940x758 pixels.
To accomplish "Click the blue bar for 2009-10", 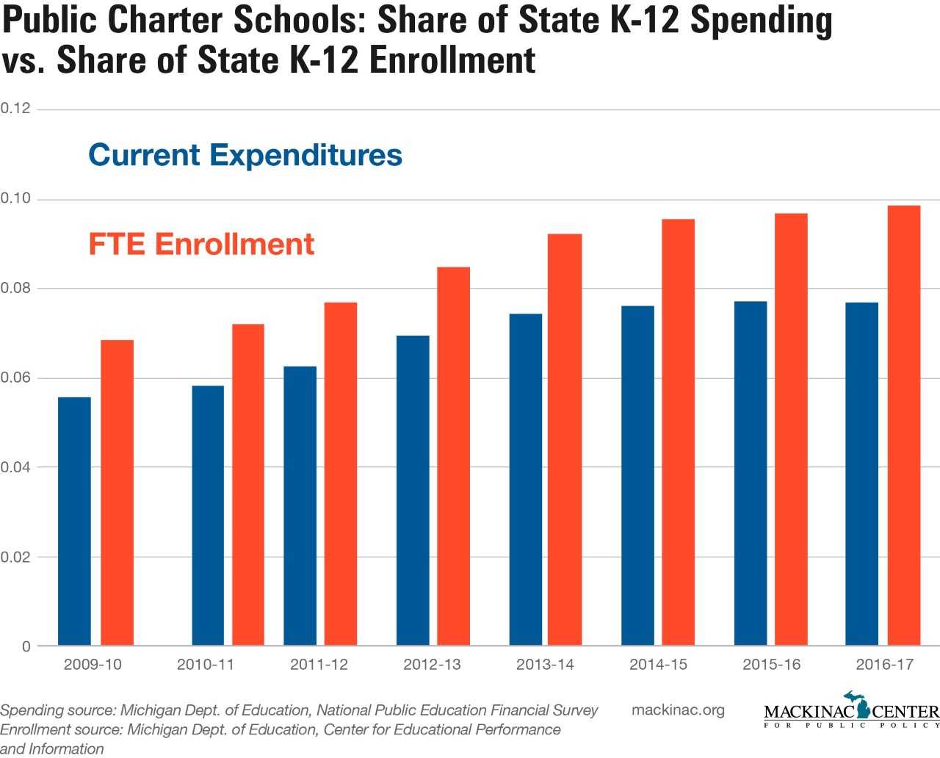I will (74, 521).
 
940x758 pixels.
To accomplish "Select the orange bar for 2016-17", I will (904, 426).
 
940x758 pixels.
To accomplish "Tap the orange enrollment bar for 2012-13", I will (453, 456).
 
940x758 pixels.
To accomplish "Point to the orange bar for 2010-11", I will (248, 485).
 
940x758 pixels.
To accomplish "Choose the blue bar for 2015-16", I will (751, 474).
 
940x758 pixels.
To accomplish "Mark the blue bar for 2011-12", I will (300, 506).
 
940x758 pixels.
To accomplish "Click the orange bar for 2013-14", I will (565, 440).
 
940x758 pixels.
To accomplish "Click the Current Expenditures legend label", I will (245, 155).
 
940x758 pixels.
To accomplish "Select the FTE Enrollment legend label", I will (201, 244).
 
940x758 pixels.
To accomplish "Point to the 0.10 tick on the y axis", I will (15, 198).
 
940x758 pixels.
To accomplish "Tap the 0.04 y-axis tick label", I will (15, 467).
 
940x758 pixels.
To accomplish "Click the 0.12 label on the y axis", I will (15, 109).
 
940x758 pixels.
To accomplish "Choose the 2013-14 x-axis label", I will (545, 665).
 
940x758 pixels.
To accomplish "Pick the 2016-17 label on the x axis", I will (884, 665).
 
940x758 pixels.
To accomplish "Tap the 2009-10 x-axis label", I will (93, 665).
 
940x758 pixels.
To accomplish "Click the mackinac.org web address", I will (678, 710).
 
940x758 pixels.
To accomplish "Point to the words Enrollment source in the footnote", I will (59, 730).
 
